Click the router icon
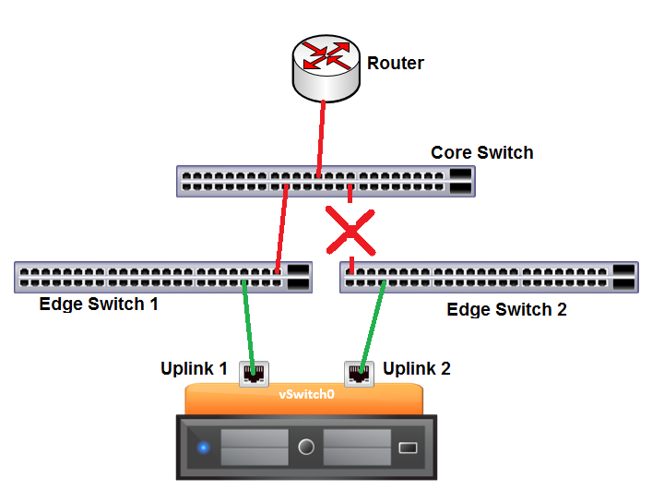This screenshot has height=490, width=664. point(326,67)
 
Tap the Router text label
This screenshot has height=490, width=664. point(395,64)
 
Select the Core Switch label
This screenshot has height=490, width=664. point(481,152)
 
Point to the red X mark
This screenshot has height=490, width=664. point(350,231)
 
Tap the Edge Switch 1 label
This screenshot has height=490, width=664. point(99,304)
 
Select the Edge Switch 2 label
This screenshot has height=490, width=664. point(506,309)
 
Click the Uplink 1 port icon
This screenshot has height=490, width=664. point(254,372)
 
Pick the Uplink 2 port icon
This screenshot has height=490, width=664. point(358,372)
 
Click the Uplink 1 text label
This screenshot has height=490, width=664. point(194,369)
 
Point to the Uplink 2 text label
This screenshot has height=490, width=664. point(417,369)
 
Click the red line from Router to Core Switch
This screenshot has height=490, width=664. point(322,129)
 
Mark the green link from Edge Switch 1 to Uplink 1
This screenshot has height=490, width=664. point(248,323)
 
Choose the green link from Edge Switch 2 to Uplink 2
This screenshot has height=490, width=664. point(373,323)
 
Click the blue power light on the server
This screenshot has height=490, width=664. point(202,448)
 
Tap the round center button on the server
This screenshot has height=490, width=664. point(306,448)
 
